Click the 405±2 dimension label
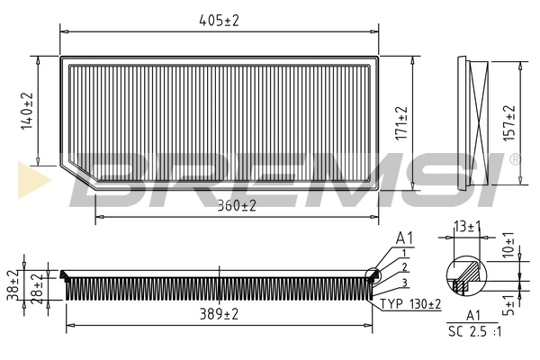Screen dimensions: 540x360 point(219,21)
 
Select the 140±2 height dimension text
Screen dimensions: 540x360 point(27,111)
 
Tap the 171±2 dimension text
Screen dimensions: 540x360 point(401,123)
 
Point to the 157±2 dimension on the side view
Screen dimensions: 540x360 point(509,123)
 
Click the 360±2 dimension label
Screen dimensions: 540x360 point(237,206)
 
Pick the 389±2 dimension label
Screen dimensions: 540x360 point(219,314)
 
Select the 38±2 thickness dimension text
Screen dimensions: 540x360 point(13,285)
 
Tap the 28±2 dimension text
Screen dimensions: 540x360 point(37,289)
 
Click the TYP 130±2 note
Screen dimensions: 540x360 point(410,304)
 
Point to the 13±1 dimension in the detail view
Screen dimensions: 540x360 point(467,227)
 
